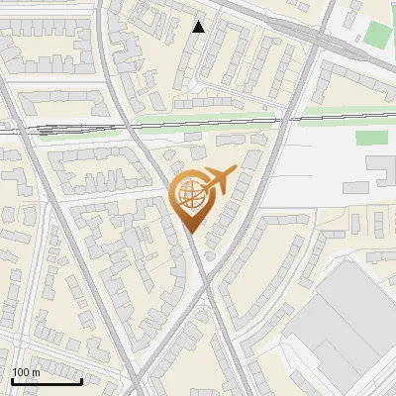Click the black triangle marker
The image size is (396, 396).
(199, 27)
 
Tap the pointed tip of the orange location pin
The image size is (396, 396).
(192, 232)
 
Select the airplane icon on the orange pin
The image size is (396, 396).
(219, 181)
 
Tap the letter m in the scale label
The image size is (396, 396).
(37, 372)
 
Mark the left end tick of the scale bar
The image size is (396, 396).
(12, 380)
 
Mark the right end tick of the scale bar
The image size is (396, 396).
(82, 380)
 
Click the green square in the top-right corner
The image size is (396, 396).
(377, 35)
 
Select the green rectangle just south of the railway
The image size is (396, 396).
(370, 139)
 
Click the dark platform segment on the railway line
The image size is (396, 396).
(46, 128)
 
